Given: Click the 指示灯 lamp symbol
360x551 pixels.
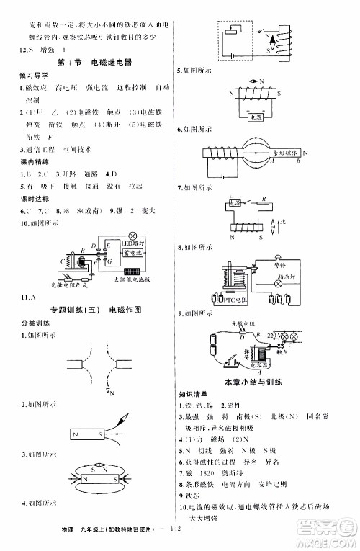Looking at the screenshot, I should click(276, 285).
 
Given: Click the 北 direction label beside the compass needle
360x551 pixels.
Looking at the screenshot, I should click(284, 220).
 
